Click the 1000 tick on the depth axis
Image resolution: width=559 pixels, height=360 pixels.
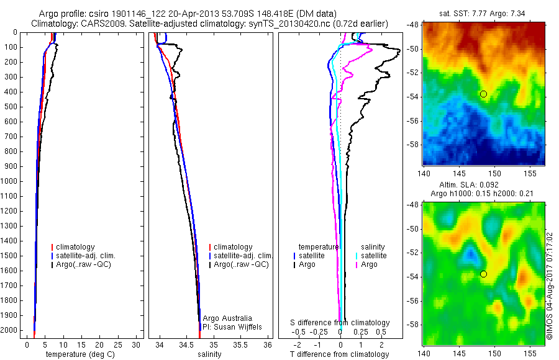coord(11,181)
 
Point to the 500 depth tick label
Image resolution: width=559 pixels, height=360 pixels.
coord(11,107)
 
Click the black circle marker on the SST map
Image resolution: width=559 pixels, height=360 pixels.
coord(483,94)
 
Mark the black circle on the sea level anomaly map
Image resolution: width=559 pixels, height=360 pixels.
coord(483,274)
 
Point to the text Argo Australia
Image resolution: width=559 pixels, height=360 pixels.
coord(228,318)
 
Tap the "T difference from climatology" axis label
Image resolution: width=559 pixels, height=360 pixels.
coord(340,354)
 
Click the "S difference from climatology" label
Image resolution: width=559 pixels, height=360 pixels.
coord(340,323)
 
